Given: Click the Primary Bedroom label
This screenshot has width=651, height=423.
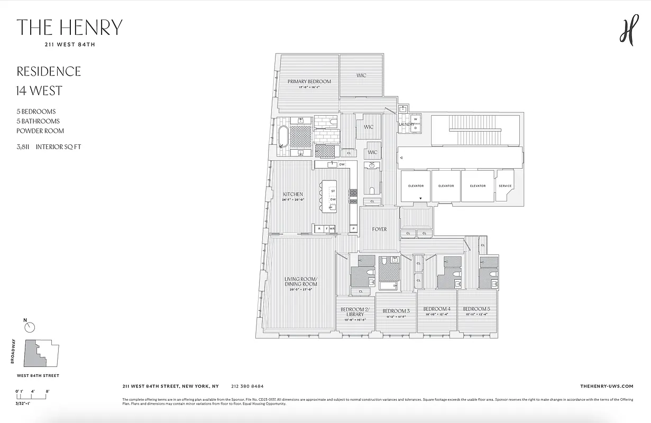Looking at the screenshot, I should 309,81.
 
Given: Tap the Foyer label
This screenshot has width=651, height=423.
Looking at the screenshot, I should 379,229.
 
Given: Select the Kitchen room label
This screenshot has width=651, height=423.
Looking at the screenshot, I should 292,195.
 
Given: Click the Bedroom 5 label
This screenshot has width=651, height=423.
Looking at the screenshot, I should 476,309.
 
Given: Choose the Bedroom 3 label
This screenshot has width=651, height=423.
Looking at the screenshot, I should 396,311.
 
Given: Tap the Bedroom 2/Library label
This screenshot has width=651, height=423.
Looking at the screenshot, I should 355,311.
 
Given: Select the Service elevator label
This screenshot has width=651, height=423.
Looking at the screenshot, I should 505,186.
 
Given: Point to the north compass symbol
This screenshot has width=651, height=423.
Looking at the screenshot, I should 30,327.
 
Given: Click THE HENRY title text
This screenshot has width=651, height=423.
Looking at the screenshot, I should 70,27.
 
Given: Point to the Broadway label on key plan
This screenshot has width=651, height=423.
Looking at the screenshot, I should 13,351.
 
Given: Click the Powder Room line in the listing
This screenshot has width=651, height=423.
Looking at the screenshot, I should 40,131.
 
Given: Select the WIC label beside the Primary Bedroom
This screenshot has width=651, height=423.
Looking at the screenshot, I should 361,76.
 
